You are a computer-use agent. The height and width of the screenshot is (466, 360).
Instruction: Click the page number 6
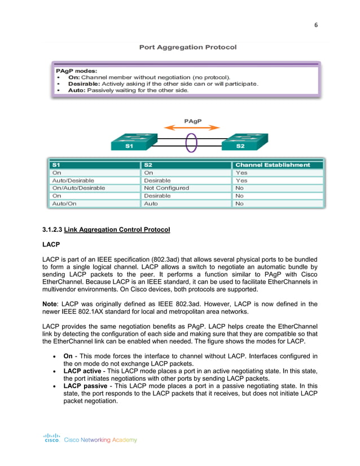tap(316, 25)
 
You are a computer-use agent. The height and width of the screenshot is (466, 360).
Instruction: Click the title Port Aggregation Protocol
tap(188, 47)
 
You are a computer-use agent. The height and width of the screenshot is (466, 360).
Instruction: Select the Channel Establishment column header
tap(272, 165)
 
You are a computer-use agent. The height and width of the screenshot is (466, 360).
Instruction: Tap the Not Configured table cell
tap(166, 188)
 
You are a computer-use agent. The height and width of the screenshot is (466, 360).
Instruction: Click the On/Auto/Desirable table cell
tap(78, 188)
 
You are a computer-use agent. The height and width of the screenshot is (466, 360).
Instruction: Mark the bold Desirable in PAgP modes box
tap(82, 83)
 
